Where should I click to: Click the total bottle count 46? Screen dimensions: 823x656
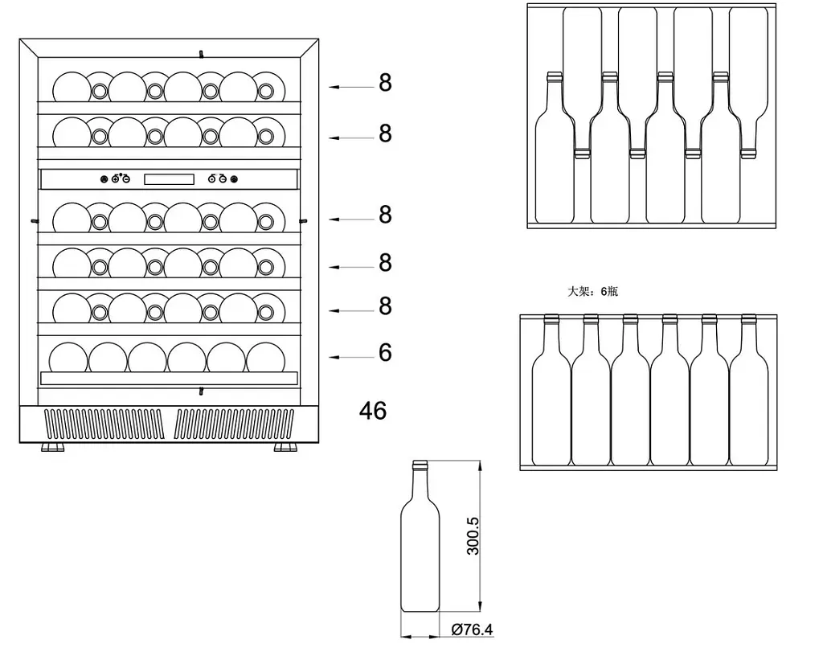[373, 410]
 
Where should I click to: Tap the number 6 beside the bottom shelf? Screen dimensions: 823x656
[385, 352]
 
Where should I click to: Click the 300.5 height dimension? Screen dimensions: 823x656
[473, 536]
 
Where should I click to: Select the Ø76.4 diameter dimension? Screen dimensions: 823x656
[473, 629]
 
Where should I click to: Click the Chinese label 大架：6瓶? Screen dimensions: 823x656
[592, 291]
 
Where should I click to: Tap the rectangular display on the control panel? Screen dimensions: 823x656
[169, 179]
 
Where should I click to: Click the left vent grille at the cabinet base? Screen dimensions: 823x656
[104, 424]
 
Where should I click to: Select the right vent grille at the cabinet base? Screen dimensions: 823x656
[234, 424]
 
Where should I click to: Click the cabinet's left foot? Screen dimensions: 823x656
[52, 447]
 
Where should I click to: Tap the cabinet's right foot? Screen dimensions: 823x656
[285, 447]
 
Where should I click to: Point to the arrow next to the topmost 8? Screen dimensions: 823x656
[351, 87]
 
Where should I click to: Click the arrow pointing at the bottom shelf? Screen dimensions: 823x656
[351, 358]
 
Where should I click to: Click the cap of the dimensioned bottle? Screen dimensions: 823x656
[420, 465]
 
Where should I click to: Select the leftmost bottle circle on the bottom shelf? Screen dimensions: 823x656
[68, 358]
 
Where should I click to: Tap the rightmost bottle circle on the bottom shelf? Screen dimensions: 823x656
[265, 358]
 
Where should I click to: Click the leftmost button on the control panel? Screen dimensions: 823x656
[104, 179]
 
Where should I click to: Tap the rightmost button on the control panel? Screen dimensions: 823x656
[234, 179]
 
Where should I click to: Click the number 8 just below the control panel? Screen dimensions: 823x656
[385, 215]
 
